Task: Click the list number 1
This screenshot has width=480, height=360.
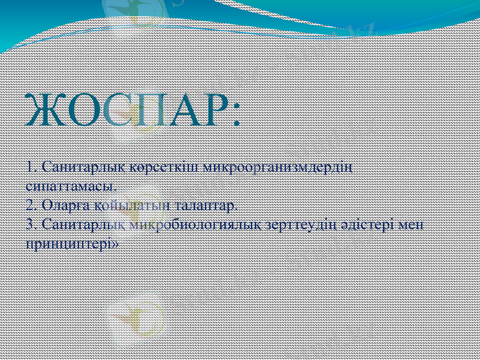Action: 31,165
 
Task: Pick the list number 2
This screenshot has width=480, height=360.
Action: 31,205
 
